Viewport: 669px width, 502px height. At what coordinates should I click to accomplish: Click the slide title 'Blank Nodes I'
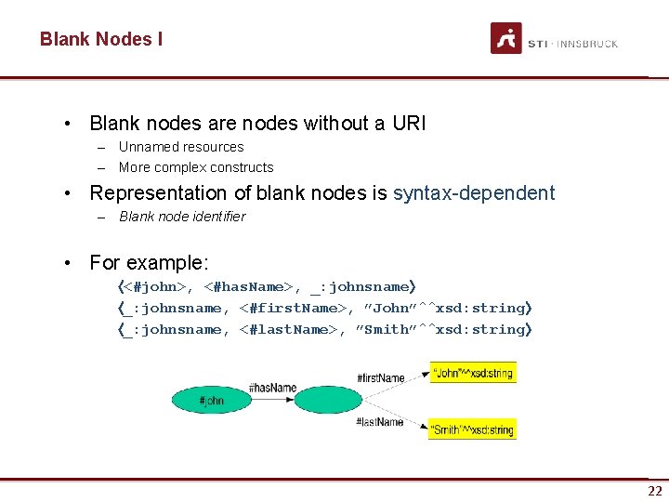[100, 39]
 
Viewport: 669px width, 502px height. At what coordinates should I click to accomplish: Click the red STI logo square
[506, 39]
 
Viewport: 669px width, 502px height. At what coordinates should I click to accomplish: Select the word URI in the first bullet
[408, 123]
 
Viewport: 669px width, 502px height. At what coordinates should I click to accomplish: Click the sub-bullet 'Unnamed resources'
[181, 147]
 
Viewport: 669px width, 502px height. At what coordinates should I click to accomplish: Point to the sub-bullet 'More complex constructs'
[196, 167]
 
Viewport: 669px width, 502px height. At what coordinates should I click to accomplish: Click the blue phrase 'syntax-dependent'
[474, 193]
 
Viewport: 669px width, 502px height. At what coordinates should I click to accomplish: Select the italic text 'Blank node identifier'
[182, 217]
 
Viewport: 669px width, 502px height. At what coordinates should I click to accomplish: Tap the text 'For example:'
[149, 262]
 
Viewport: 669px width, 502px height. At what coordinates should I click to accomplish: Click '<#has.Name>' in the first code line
[250, 287]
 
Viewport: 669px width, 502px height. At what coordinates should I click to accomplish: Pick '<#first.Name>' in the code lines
[292, 309]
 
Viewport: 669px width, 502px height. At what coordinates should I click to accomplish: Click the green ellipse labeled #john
[211, 401]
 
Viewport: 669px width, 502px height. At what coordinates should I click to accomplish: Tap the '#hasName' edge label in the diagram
[272, 389]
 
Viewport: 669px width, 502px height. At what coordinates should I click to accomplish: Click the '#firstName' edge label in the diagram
[380, 378]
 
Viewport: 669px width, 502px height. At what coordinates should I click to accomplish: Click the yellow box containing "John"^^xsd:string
[472, 373]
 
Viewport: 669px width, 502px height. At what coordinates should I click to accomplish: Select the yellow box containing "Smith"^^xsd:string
[471, 429]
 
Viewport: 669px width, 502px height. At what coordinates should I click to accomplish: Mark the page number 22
[655, 491]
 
